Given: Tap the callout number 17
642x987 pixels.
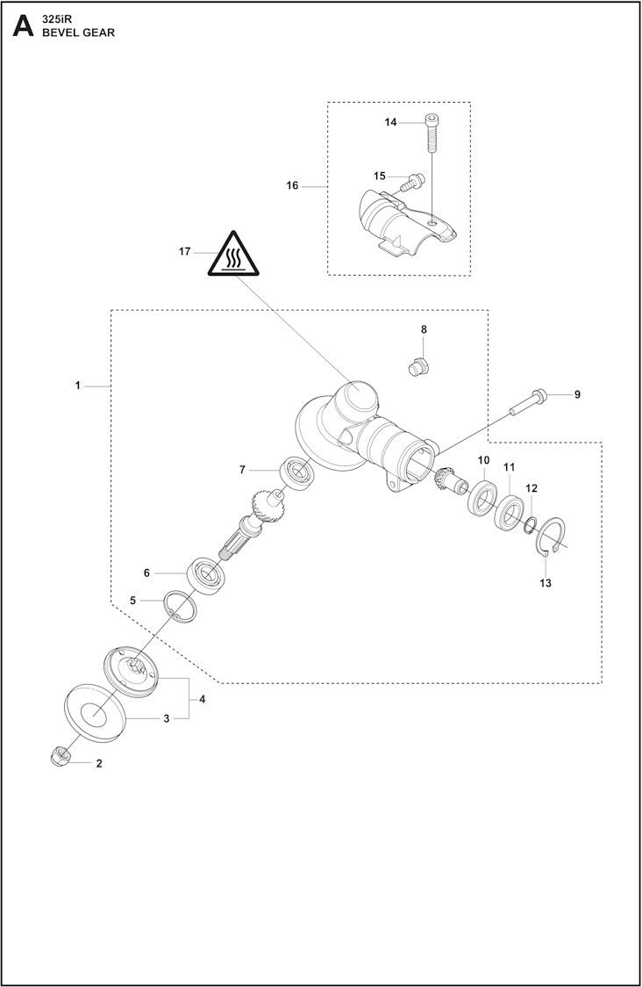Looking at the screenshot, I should (x=185, y=252).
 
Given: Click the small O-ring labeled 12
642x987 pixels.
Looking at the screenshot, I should (x=528, y=525).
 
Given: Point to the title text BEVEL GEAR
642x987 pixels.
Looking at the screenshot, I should (x=73, y=32).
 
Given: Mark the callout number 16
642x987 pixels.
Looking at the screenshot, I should (x=292, y=185).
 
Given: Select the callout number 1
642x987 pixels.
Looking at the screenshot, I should (x=77, y=385).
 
